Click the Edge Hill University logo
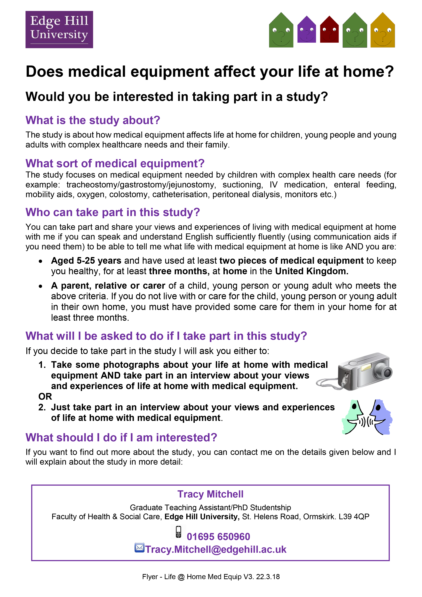59,29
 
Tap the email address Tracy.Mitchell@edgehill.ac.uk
216,549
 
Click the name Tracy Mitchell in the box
210,494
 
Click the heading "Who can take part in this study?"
113,212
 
